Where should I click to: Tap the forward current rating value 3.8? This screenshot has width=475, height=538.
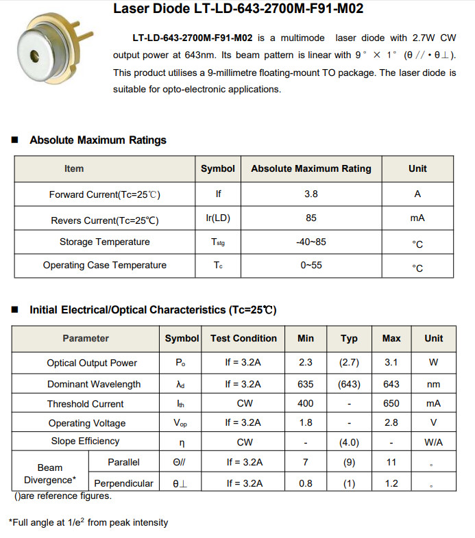click(x=311, y=194)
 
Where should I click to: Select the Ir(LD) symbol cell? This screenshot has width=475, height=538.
click(x=218, y=218)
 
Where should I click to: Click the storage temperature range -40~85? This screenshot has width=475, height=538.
click(x=311, y=242)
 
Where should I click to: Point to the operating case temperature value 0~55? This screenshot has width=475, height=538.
click(x=311, y=266)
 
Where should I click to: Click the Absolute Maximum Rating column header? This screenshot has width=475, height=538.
click(x=311, y=168)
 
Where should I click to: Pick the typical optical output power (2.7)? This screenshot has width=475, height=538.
click(x=349, y=363)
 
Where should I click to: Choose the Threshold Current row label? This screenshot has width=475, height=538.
click(x=86, y=404)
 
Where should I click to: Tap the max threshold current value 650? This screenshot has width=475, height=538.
click(x=391, y=404)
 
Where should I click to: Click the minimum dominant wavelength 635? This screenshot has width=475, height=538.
click(x=306, y=384)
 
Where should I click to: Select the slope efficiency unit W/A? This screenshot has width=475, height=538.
click(x=433, y=442)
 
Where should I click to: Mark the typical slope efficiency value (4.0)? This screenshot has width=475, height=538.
click(x=349, y=442)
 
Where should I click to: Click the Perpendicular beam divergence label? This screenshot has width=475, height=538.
click(x=123, y=483)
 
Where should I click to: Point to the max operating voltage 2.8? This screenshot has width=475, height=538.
click(x=391, y=423)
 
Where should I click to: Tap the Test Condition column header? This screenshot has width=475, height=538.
click(x=243, y=338)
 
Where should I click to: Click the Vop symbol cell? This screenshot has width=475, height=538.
click(x=182, y=424)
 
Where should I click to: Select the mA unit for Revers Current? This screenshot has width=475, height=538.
click(x=417, y=218)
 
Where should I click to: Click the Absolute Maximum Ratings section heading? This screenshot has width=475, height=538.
click(x=98, y=140)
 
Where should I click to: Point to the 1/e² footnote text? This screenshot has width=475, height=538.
click(x=88, y=523)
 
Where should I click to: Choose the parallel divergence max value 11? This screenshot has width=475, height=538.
click(x=391, y=463)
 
